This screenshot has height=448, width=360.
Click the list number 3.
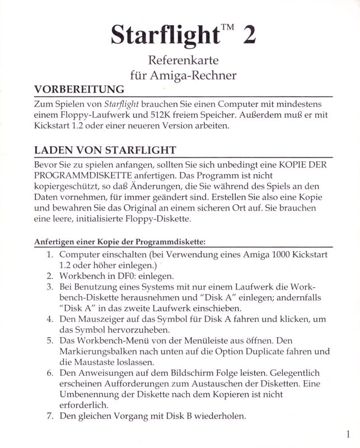49,287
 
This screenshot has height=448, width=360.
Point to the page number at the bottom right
348,434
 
